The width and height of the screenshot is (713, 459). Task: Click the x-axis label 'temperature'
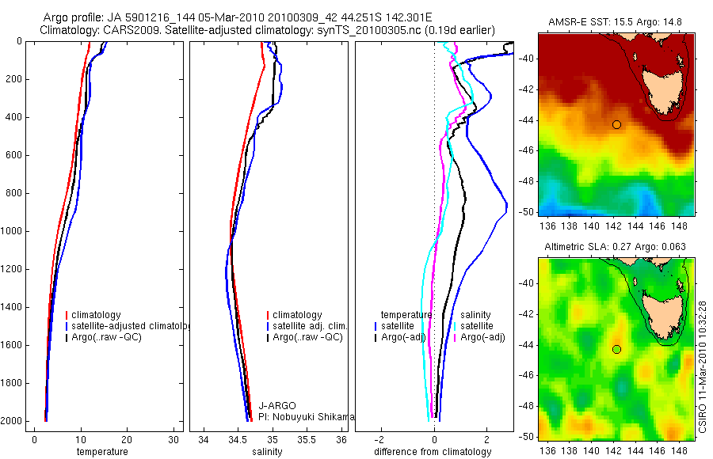pos(102,452)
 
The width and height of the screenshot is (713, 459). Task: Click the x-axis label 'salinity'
pos(266,452)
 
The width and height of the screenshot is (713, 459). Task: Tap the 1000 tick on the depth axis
pos(12,232)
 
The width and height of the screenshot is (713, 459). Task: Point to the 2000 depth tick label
pos(12,421)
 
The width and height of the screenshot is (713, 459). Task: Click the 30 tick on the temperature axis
pos(173,438)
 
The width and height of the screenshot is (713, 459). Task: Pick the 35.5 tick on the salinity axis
pos(307,438)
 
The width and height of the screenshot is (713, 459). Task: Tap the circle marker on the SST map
pos(616,124)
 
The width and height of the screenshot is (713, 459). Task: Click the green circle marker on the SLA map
pos(616,349)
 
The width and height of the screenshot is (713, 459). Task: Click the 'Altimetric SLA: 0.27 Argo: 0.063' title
pos(617,248)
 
